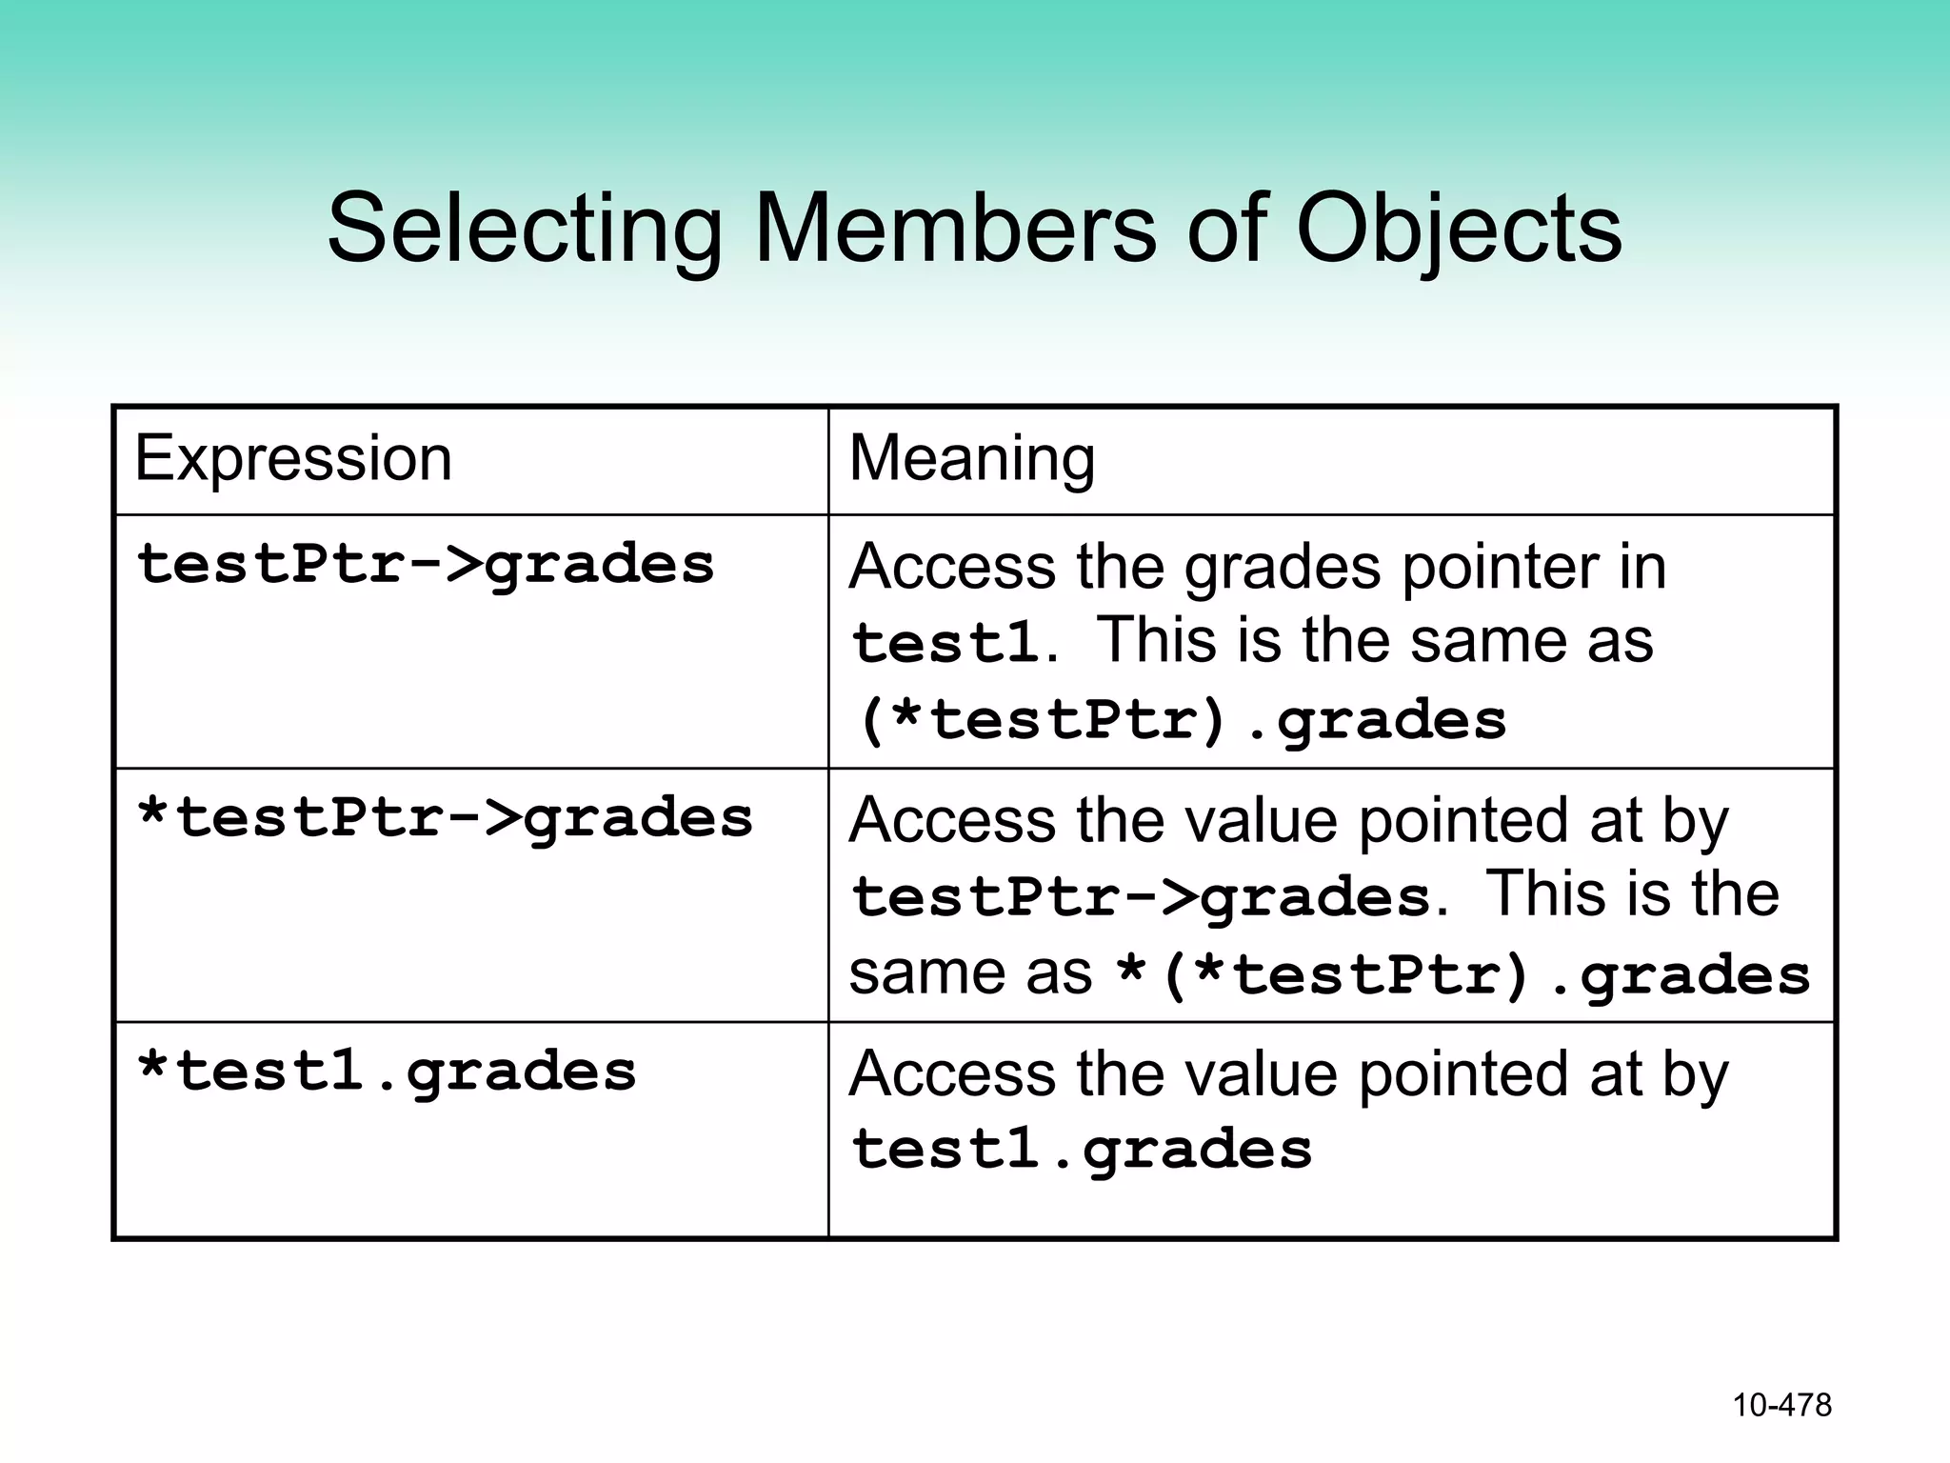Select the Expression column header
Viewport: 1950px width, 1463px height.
pyautogui.click(x=293, y=458)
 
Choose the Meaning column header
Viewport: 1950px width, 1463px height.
pyautogui.click(x=971, y=458)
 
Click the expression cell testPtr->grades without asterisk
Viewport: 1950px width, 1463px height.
pyautogui.click(x=425, y=564)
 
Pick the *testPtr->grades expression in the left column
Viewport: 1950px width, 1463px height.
pyautogui.click(x=445, y=818)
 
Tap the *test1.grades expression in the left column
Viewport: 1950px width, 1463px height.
pyautogui.click(x=386, y=1072)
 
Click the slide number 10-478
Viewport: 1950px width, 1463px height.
pyautogui.click(x=1781, y=1405)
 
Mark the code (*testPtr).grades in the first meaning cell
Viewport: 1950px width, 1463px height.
pyautogui.click(x=1181, y=720)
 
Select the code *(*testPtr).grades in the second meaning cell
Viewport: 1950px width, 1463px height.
pyautogui.click(x=1462, y=975)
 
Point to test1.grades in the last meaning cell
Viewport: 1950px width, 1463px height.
pyautogui.click(x=1081, y=1149)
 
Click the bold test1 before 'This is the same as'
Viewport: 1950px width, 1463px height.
pyautogui.click(x=945, y=642)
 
